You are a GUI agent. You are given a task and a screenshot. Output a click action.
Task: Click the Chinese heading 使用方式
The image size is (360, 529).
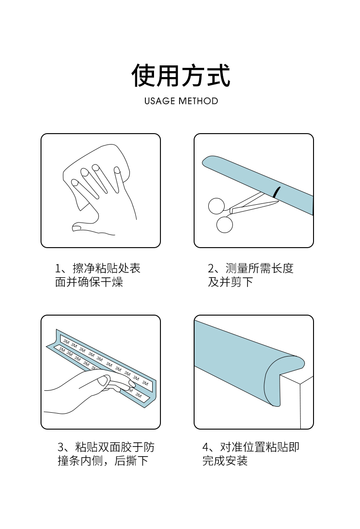click(180, 75)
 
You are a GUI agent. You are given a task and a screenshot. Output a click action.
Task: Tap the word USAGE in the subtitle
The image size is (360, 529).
click(159, 101)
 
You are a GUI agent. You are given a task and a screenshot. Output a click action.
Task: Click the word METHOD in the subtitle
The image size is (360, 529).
click(198, 101)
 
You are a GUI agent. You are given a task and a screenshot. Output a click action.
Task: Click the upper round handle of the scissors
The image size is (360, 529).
click(216, 206)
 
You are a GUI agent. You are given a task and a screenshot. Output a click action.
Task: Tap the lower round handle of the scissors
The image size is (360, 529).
click(225, 225)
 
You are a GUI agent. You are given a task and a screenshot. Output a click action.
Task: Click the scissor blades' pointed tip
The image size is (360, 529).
click(278, 202)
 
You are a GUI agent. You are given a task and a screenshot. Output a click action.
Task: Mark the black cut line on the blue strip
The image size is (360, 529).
click(277, 192)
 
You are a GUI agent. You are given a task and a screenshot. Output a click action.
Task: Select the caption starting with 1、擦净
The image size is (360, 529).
click(98, 275)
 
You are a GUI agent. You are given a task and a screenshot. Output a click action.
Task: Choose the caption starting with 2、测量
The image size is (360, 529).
click(251, 275)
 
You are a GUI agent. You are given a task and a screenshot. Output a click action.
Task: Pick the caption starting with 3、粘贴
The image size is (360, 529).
click(106, 454)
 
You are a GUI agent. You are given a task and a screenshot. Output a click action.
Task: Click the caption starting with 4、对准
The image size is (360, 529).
click(251, 454)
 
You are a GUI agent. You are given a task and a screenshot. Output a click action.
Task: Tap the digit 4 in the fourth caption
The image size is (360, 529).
click(206, 447)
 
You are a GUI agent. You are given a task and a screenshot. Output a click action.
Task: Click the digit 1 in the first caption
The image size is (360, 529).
click(58, 269)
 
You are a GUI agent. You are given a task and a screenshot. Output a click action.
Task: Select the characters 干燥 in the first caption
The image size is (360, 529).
click(112, 282)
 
